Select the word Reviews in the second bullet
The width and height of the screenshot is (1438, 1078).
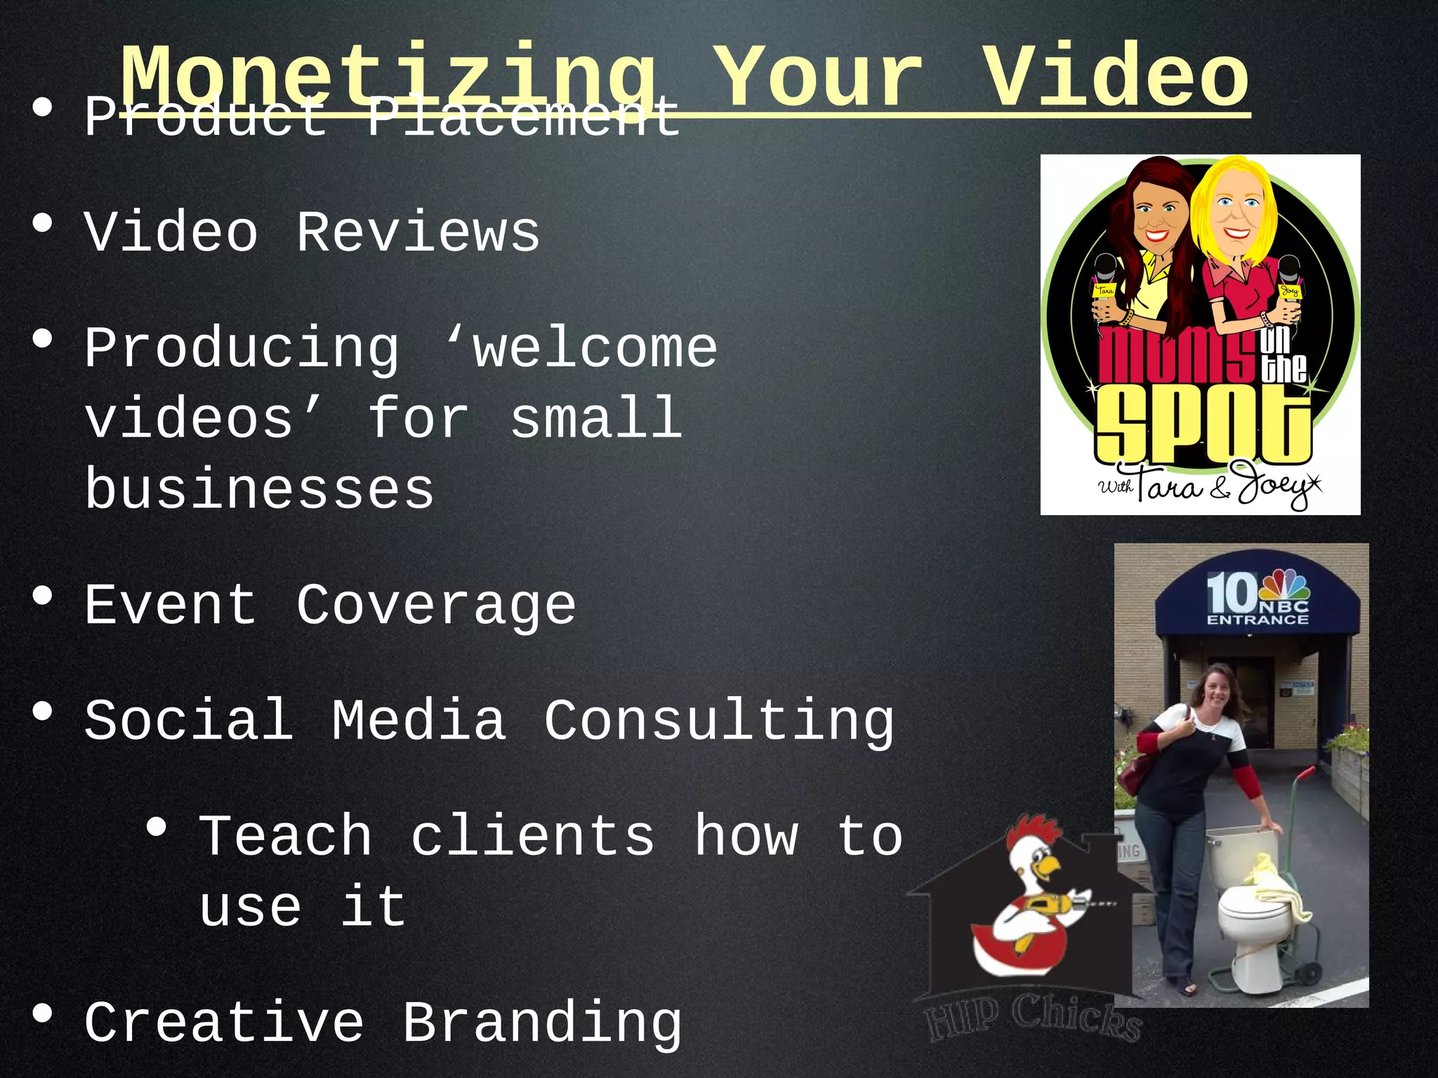pyautogui.click(x=418, y=233)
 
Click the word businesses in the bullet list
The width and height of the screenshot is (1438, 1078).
pyautogui.click(x=259, y=490)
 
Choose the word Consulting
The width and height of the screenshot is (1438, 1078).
pyautogui.click(x=719, y=721)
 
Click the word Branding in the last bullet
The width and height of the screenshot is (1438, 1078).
pyautogui.click(x=541, y=1023)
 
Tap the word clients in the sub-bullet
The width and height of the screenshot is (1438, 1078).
pyautogui.click(x=532, y=837)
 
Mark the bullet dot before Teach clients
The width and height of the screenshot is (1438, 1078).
pyautogui.click(x=157, y=828)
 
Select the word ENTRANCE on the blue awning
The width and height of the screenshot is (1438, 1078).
pyautogui.click(x=1258, y=620)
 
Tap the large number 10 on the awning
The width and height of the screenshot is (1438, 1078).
pyautogui.click(x=1231, y=594)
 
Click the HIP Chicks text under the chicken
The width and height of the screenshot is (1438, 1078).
pyautogui.click(x=1032, y=1017)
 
